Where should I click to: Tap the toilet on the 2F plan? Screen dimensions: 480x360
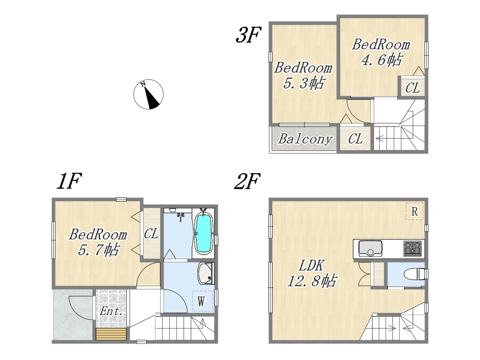415,274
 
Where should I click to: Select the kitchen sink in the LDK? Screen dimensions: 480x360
370,249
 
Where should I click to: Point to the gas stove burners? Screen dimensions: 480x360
412,249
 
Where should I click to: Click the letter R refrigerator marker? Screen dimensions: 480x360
414,211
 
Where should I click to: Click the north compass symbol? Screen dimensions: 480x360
148,94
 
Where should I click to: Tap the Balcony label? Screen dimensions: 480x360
305,139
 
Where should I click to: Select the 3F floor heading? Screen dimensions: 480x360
248,34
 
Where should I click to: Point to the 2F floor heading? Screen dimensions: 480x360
247,181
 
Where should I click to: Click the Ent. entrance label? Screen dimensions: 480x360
111,311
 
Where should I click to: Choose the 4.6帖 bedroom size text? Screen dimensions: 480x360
381,60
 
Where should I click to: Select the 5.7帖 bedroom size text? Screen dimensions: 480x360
99,249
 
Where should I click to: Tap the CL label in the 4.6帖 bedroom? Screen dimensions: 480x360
412,88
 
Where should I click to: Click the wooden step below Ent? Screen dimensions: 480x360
111,334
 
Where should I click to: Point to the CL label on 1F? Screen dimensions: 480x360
151,234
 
